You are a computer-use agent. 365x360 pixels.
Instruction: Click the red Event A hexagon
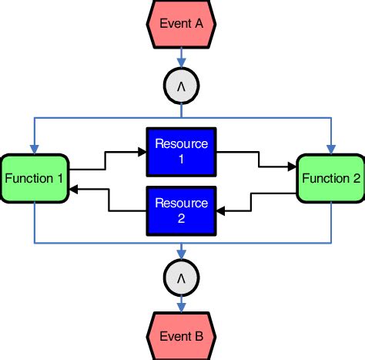[181, 23]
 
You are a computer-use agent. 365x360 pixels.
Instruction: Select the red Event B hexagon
[181, 336]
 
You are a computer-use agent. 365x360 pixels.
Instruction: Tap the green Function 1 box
[34, 179]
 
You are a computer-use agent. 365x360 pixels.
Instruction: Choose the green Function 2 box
[330, 179]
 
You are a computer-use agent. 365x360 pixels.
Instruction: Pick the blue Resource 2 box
[181, 210]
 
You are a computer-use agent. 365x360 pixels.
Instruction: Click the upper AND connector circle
[181, 86]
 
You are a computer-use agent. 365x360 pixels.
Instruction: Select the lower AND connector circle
[181, 275]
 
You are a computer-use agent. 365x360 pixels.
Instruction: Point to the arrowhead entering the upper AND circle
[181, 65]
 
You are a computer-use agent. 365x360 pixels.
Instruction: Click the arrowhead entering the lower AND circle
[181, 254]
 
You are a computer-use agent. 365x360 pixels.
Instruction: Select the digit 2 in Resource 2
[181, 218]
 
